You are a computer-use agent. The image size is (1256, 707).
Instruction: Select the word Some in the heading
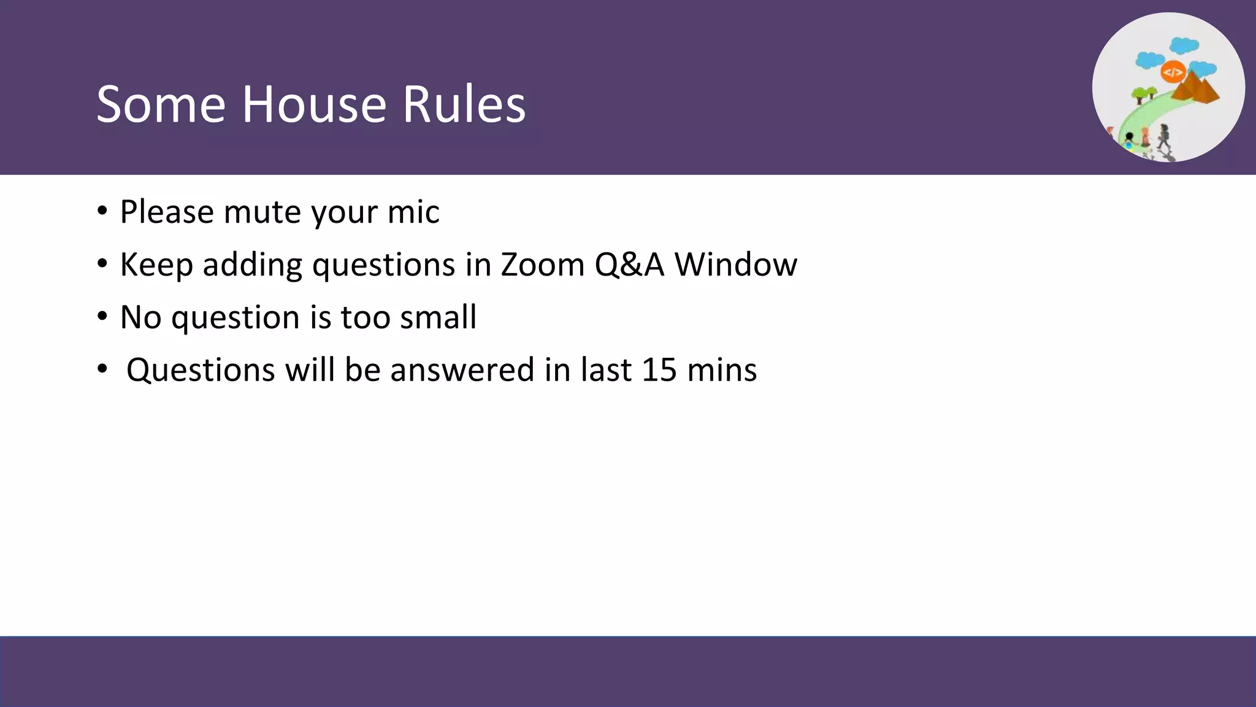tap(161, 104)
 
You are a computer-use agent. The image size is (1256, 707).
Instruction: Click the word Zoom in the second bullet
tap(543, 265)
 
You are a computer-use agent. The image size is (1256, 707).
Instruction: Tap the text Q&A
tap(629, 265)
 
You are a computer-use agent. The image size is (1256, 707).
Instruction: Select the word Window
tap(735, 265)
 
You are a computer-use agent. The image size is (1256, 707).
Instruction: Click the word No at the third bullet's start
tap(140, 317)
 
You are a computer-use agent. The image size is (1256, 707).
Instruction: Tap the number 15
tap(659, 370)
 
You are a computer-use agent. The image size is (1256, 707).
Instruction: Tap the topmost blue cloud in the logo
tap(1184, 45)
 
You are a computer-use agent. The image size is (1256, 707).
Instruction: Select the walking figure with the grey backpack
tap(1163, 137)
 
